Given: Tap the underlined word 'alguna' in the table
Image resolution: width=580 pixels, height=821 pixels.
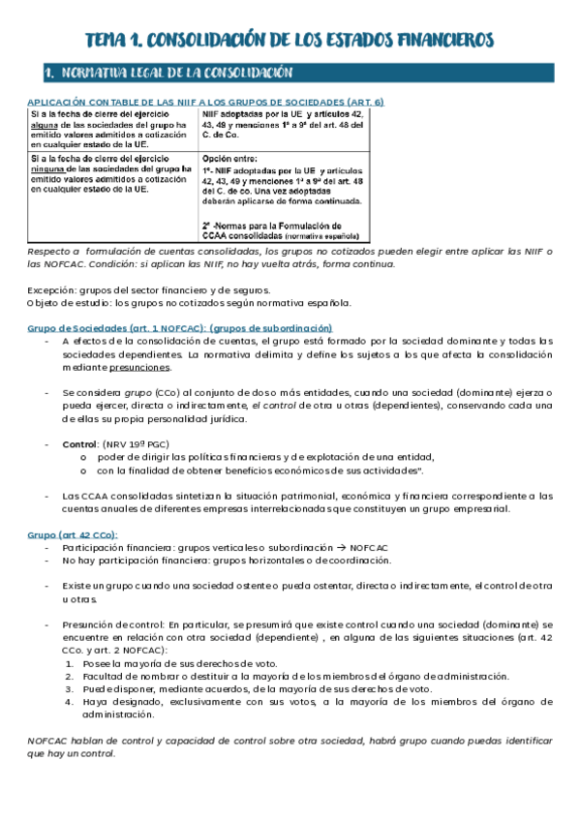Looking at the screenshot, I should (45, 124).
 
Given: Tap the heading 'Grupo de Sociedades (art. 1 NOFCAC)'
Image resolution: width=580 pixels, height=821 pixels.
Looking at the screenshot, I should (179, 327).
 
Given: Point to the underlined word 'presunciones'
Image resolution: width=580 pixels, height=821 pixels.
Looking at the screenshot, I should (142, 367).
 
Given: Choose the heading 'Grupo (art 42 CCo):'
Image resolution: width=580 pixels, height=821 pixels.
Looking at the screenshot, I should (73, 534).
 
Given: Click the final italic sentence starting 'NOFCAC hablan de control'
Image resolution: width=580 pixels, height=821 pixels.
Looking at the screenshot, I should (290, 746).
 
